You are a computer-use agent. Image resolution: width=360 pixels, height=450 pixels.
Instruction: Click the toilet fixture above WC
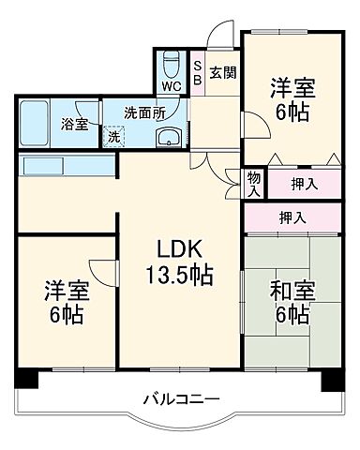pyautogui.click(x=171, y=61)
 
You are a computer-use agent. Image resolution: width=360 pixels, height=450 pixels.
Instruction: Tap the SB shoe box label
pyautogui.click(x=198, y=73)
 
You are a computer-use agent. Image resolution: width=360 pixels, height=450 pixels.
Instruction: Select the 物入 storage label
pyautogui.click(x=254, y=182)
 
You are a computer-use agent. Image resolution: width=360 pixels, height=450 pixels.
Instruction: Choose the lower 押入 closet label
pyautogui.click(x=292, y=217)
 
